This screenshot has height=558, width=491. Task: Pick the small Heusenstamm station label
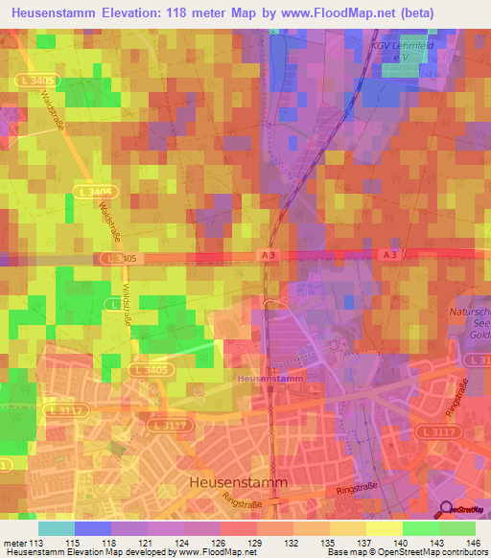point(269,379)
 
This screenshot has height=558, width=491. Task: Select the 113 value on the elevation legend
point(35,543)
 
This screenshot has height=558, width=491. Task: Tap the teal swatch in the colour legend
point(57,528)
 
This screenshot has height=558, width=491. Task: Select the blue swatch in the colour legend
point(93,528)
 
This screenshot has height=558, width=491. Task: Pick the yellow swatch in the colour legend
point(385,528)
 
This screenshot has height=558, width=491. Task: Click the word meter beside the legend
point(12,543)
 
